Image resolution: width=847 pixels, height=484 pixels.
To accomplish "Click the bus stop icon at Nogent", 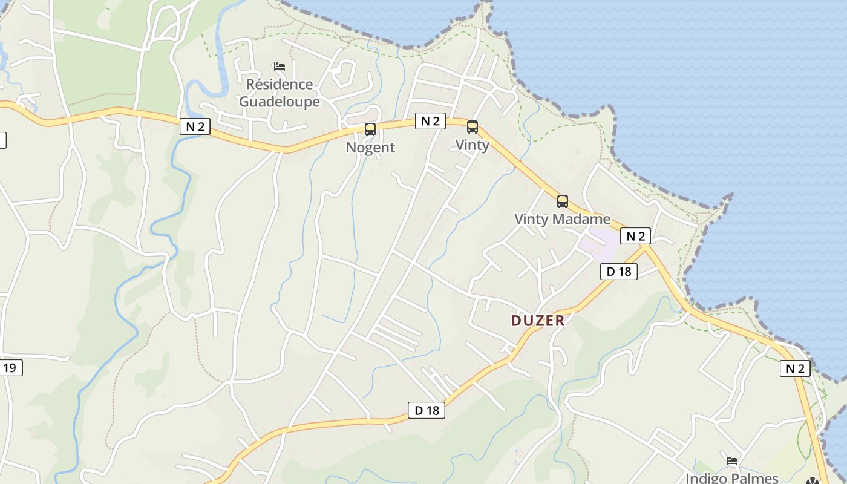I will (x=370, y=129).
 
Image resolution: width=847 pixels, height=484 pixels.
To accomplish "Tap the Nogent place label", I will (x=370, y=147).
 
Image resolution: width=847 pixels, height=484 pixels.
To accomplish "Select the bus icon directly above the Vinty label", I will (x=472, y=127).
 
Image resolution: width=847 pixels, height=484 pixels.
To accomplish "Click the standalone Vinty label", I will (x=472, y=145).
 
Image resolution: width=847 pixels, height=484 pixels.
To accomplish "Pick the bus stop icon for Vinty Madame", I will (x=562, y=201).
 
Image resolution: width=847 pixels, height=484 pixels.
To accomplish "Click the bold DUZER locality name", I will (x=538, y=321).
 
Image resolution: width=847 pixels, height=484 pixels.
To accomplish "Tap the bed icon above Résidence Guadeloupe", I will (x=279, y=66).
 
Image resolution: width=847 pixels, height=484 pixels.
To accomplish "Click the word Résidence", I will (x=280, y=84).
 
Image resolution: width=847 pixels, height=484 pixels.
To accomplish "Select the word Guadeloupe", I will (x=280, y=101).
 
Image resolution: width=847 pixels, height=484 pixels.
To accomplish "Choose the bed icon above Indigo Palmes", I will (x=732, y=460).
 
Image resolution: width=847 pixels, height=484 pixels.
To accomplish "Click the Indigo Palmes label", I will (x=732, y=478).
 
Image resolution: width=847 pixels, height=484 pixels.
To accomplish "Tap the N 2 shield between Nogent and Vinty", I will (x=430, y=120).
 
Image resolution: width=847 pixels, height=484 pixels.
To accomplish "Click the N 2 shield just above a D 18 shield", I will (x=635, y=236).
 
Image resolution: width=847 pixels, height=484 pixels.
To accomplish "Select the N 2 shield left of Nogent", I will (x=195, y=126).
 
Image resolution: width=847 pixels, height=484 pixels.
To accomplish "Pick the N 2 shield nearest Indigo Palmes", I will (x=794, y=368).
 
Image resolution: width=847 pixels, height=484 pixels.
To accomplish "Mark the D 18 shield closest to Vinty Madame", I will (x=618, y=272).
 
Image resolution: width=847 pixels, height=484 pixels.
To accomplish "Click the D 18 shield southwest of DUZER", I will (x=427, y=410).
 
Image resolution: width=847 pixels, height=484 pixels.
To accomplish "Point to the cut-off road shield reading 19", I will (x=11, y=367).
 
